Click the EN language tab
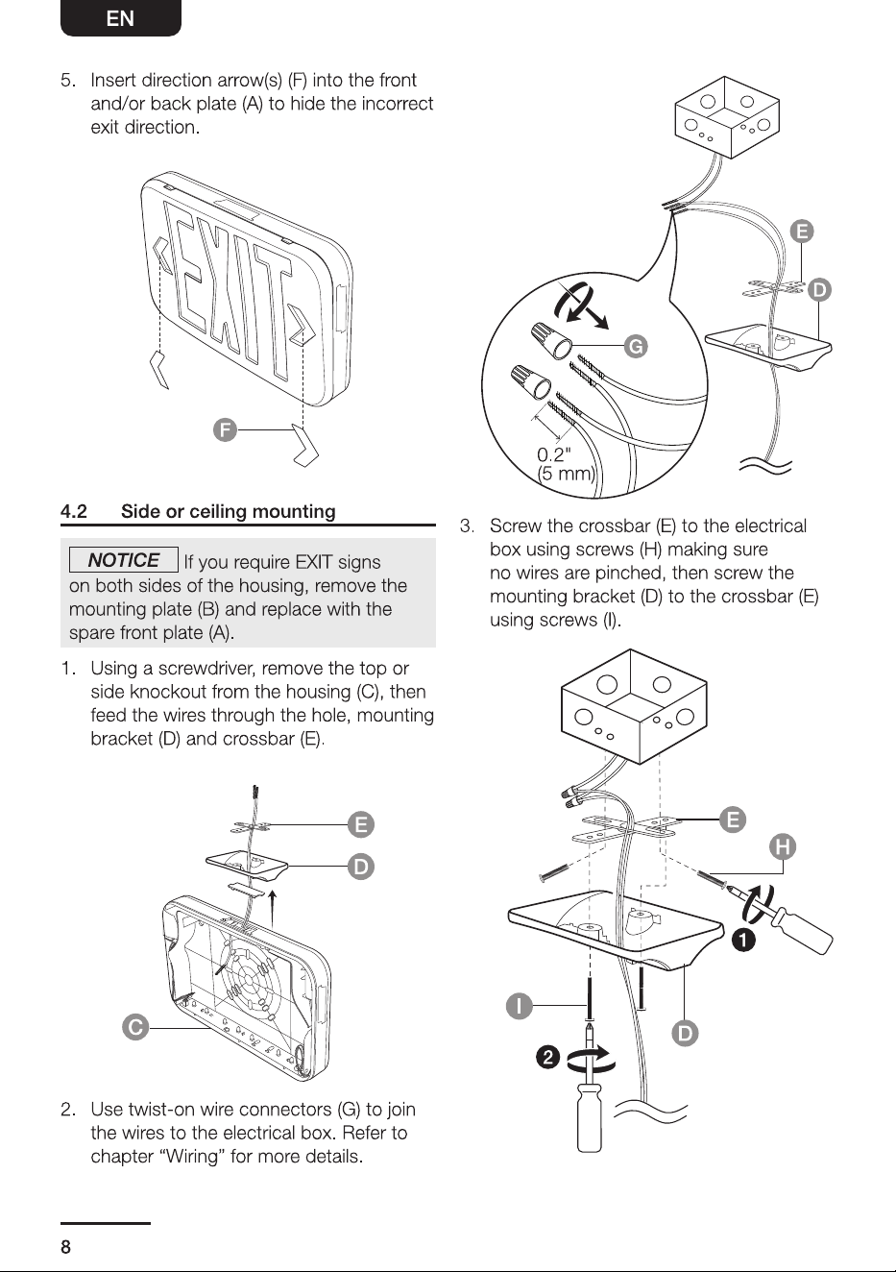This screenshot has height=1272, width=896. coord(120,18)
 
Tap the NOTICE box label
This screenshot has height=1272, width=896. coord(124,560)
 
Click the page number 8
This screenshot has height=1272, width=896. coord(66,1246)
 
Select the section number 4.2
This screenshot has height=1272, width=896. coord(74,511)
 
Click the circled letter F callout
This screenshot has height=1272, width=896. coord(225,429)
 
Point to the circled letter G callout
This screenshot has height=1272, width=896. coord(636,346)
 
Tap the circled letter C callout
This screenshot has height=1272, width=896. coord(135,1027)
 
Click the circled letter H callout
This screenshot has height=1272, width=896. coord(783,846)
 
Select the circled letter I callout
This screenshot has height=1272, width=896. coord(519,1006)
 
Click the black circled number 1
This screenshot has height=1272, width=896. coord(743,941)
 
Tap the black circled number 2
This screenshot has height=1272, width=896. coord(547,1058)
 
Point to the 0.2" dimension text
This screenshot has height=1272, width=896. coord(553,454)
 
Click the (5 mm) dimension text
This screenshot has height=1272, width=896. coord(566,473)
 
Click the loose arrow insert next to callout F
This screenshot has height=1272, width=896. coord(305,445)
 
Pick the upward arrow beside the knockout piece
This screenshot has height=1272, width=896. coord(273,909)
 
